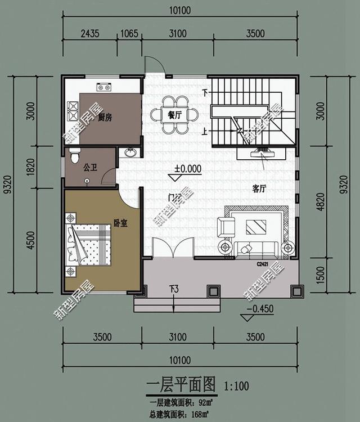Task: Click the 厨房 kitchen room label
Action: click(105, 118)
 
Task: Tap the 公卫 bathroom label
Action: click(91, 167)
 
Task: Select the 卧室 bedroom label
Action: click(119, 223)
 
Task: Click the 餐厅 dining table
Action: click(174, 115)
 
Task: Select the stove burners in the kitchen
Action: click(103, 87)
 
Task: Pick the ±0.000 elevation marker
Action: click(187, 168)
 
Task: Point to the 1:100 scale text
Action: click(236, 387)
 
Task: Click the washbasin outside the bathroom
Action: click(130, 154)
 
